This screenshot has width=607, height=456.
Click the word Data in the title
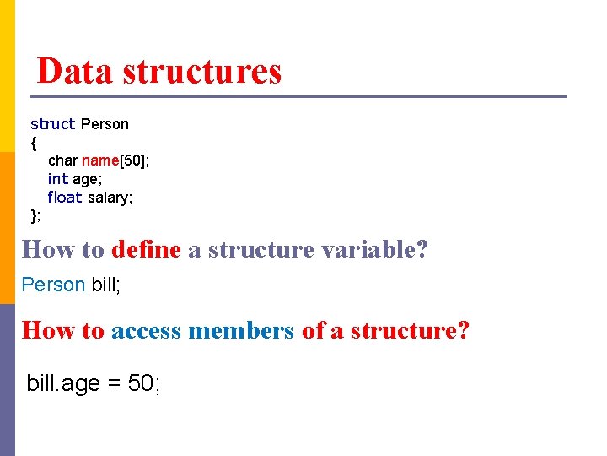tap(76, 72)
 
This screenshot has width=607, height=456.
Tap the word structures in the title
tap(202, 72)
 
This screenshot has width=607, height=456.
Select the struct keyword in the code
tap(53, 124)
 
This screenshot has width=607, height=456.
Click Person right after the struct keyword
tap(105, 124)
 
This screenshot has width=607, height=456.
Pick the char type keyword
tap(62, 160)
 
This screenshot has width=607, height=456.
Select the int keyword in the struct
tap(57, 179)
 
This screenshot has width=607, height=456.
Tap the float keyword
tap(65, 198)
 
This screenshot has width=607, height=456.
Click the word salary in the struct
tap(110, 198)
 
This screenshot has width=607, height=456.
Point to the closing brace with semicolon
tap(35, 216)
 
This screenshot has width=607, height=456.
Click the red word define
tap(146, 250)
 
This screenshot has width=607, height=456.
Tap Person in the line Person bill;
tap(53, 285)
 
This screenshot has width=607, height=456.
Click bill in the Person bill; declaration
tap(105, 285)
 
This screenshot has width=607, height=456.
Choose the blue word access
tap(146, 330)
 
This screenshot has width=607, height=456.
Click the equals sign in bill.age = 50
tap(113, 384)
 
